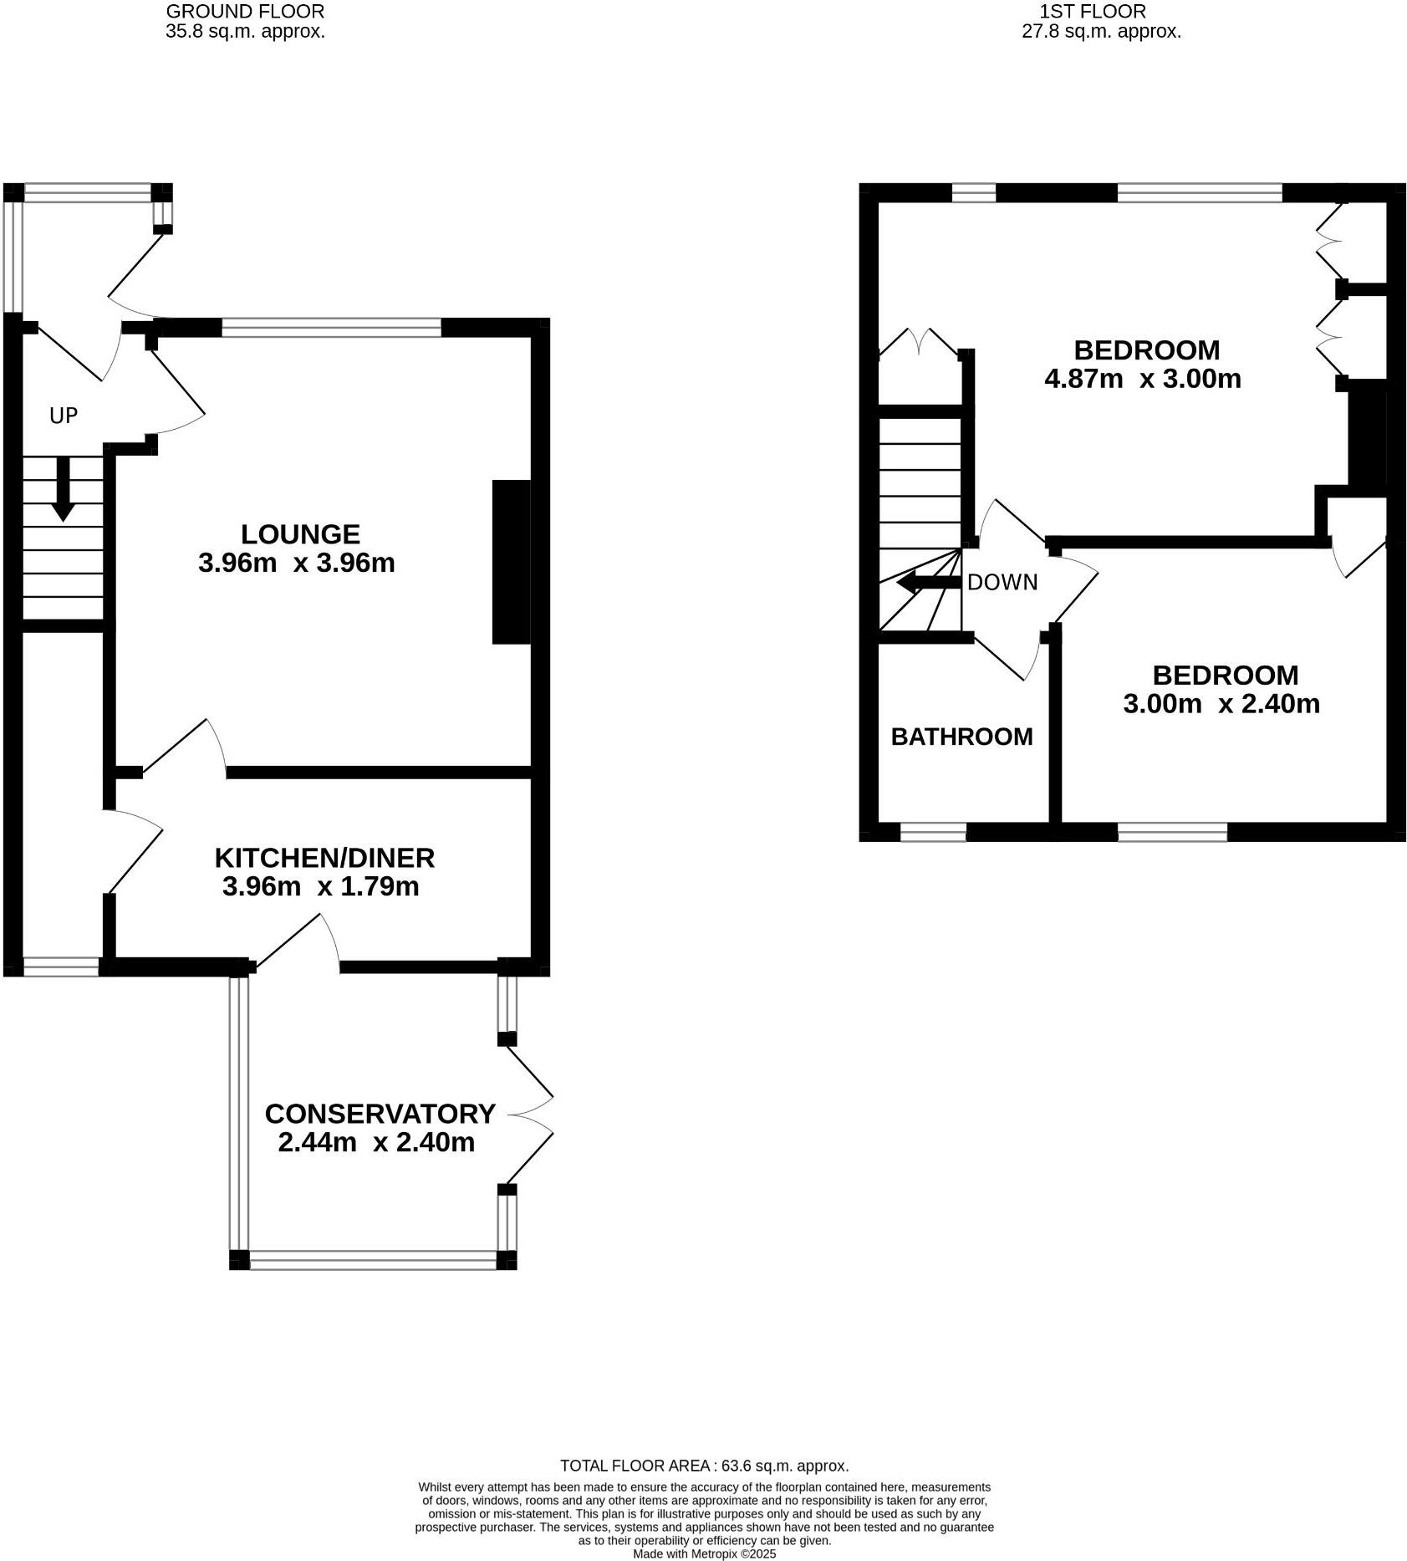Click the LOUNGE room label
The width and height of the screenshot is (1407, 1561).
(x=300, y=534)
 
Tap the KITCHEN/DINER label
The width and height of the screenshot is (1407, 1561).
(x=324, y=858)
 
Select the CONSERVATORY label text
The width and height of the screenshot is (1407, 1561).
(x=380, y=1114)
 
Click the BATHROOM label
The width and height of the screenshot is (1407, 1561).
(x=961, y=737)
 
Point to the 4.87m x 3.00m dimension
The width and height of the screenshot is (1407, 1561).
(x=1142, y=379)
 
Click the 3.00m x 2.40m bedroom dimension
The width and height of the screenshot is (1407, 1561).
(x=1221, y=703)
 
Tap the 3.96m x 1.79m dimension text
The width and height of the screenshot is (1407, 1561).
(x=320, y=886)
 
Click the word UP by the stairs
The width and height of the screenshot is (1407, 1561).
(x=64, y=416)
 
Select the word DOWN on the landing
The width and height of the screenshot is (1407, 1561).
(x=1002, y=582)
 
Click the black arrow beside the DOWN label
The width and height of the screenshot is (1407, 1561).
(x=926, y=583)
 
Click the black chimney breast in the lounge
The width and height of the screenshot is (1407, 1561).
(x=511, y=561)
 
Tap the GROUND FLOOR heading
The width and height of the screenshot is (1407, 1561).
(x=245, y=12)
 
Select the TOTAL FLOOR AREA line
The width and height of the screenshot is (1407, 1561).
(x=704, y=1466)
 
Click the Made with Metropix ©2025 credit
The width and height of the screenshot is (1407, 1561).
(x=704, y=1553)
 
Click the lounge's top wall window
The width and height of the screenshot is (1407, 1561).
(x=331, y=327)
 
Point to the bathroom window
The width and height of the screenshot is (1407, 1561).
(x=933, y=831)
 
